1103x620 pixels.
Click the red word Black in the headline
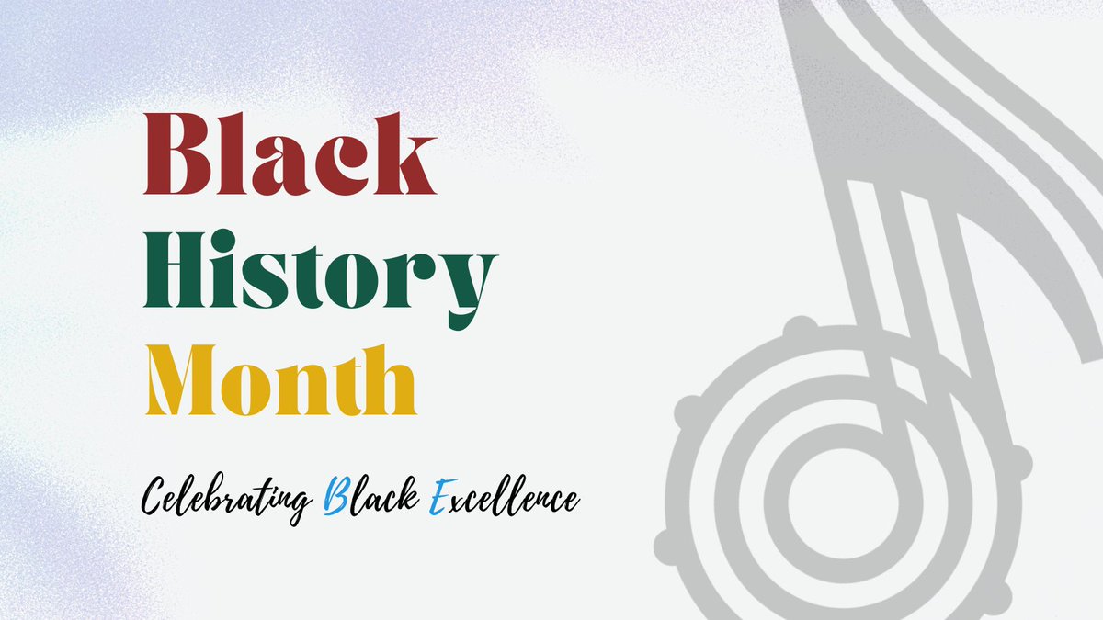click(x=290, y=153)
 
